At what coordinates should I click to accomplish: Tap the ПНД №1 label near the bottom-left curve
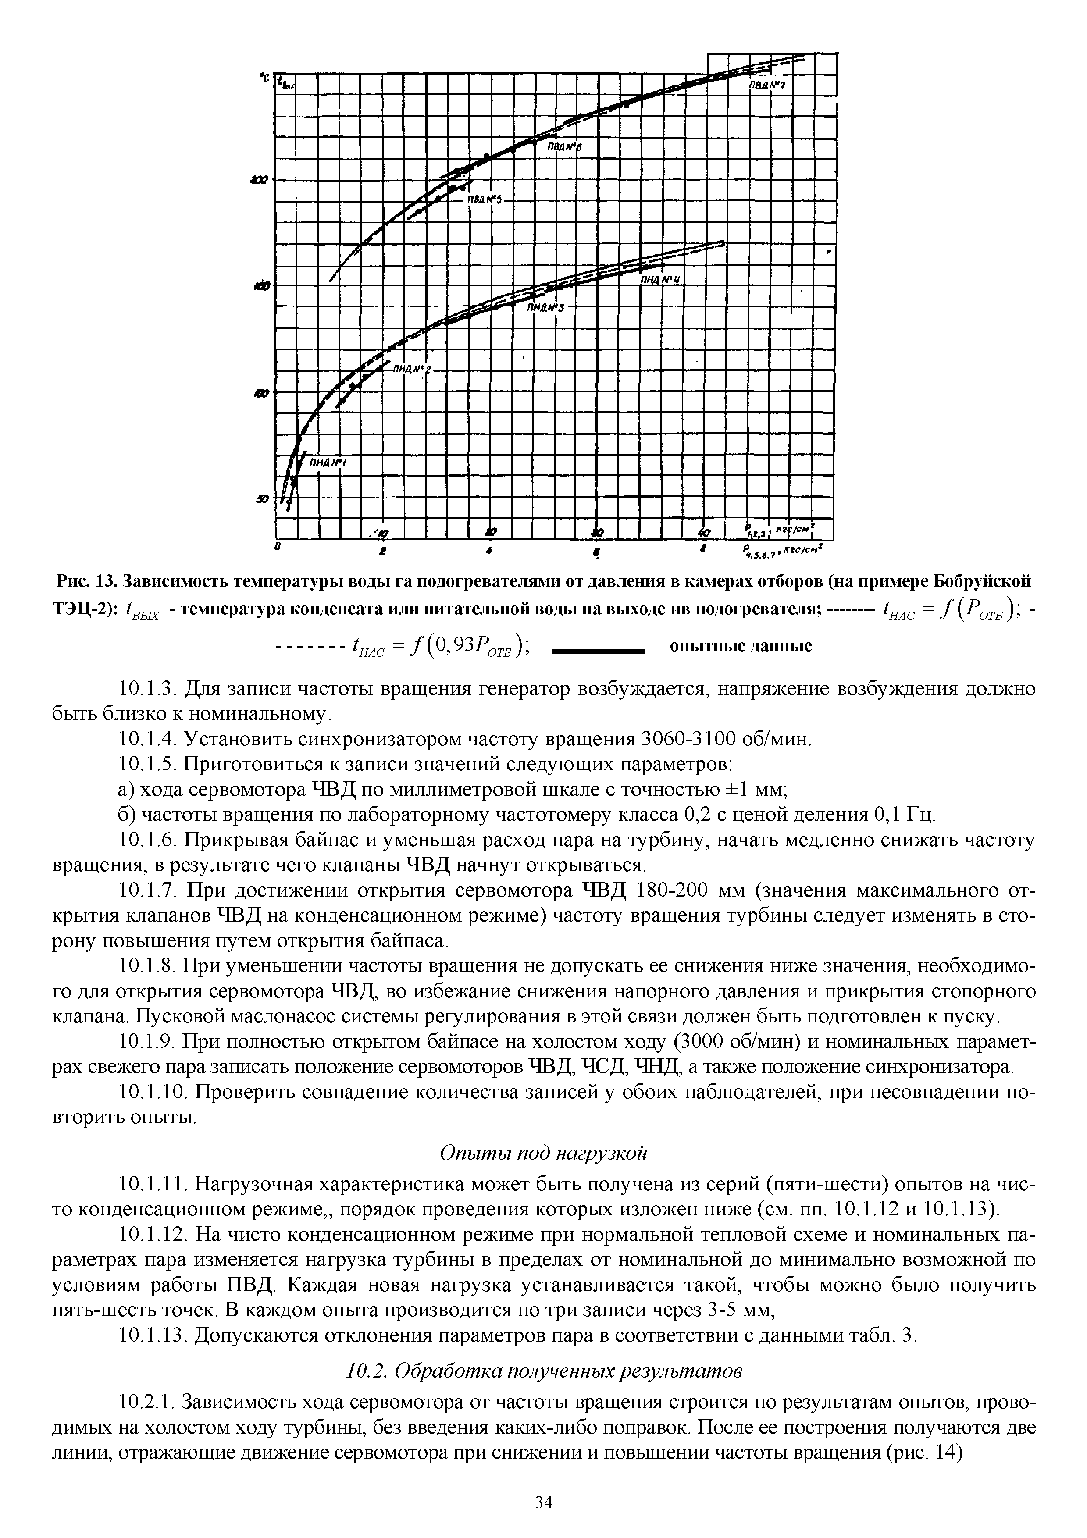point(324,462)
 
